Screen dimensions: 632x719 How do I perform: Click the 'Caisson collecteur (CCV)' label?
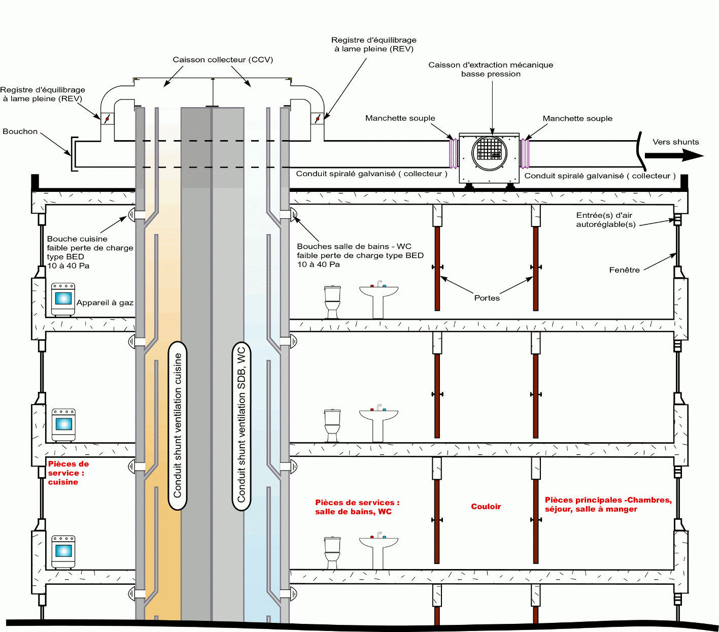[223, 60]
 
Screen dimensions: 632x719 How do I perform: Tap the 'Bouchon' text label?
[20, 131]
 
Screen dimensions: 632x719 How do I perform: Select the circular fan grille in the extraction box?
[489, 152]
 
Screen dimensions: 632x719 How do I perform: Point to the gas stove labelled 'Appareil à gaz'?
[63, 300]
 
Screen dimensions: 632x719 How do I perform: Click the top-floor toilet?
[332, 302]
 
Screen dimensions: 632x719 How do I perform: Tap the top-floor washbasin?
[379, 300]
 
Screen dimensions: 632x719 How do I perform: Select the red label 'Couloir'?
[486, 507]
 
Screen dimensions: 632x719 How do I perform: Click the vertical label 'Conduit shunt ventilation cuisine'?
[178, 425]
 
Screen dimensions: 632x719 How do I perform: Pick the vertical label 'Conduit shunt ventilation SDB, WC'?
[241, 425]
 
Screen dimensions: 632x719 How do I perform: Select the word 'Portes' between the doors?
[487, 298]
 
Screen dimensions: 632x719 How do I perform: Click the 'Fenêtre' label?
[624, 270]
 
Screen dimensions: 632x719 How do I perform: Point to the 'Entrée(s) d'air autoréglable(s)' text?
[605, 220]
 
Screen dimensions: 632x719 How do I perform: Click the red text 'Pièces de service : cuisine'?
[67, 473]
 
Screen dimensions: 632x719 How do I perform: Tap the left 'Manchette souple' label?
[400, 118]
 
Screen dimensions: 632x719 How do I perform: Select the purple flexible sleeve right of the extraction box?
[525, 153]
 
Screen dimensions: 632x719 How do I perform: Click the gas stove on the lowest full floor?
[63, 551]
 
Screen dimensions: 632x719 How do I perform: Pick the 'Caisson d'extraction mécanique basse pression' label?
[490, 70]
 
